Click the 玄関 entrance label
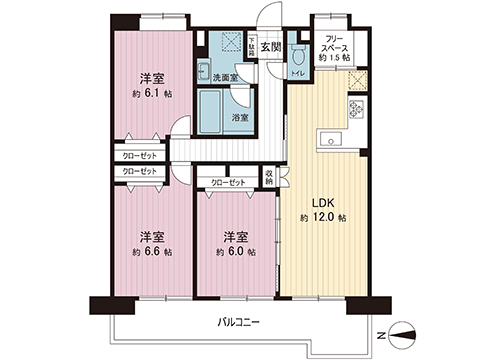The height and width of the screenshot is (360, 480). tap(271, 46)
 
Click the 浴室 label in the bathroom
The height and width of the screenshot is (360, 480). tap(241, 117)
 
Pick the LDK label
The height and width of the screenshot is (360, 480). tap(323, 200)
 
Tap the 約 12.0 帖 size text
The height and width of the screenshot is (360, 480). tap(322, 217)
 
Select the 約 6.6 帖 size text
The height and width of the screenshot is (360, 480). tap(151, 252)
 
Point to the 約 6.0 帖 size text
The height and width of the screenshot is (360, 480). tap(235, 252)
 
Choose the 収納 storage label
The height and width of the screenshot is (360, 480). tap(270, 176)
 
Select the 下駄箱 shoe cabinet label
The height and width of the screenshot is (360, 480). tap(252, 46)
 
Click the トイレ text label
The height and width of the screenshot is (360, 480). tap(297, 73)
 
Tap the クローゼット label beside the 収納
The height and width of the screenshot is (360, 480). tap(229, 183)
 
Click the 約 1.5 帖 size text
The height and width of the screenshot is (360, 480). tap(333, 59)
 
